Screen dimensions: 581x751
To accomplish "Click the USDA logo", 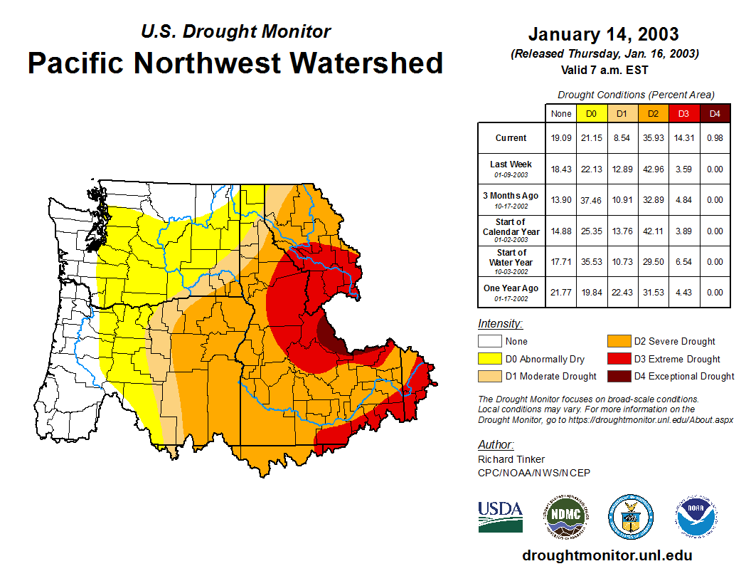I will click(500, 516).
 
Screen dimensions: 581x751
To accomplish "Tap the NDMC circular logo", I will click(565, 516).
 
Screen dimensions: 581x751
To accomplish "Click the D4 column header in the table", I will click(715, 113).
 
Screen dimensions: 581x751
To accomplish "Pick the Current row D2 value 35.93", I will click(652, 138).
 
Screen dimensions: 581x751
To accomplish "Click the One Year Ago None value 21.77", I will click(560, 291).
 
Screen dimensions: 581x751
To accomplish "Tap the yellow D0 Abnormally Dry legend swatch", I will click(489, 359).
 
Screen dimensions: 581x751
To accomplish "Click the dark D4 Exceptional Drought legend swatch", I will click(618, 376).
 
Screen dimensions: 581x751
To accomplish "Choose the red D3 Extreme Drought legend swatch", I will click(618, 359).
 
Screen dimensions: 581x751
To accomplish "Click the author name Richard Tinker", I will click(511, 459).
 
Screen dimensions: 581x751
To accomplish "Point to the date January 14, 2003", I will click(603, 34).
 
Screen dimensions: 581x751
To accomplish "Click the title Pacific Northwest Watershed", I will click(235, 63).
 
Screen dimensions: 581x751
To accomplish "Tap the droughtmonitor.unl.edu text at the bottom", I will click(607, 555).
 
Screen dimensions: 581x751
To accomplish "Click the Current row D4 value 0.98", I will click(715, 138).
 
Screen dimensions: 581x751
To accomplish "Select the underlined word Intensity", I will click(500, 324).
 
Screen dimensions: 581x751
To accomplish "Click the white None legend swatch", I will click(489, 342).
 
